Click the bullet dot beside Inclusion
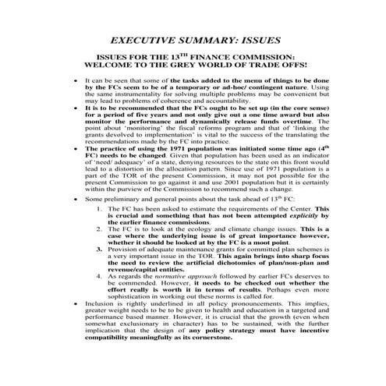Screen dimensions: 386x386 pyautogui.click(x=74, y=328)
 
